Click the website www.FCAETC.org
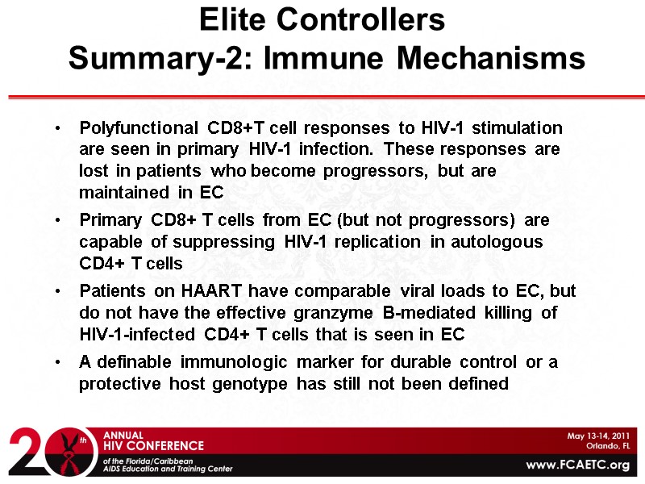(577, 465)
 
